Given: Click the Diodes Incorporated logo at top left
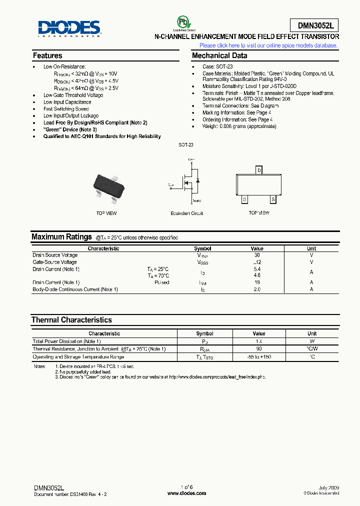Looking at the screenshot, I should [x=69, y=28].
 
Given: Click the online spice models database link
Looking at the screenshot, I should [x=268, y=45].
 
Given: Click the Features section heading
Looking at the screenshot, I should [x=47, y=55].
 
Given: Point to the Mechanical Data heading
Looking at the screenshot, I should [x=219, y=55].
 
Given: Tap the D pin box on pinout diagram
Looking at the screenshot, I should [x=259, y=170].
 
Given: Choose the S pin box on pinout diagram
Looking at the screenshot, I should [x=273, y=199].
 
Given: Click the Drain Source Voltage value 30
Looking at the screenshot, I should [x=257, y=255].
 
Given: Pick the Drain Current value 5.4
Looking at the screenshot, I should [x=257, y=269].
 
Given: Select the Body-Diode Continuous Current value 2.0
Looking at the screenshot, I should [x=257, y=289].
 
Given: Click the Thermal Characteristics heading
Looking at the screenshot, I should [x=71, y=319].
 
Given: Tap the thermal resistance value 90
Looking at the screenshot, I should [x=259, y=349].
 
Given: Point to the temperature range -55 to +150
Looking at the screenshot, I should [x=259, y=357].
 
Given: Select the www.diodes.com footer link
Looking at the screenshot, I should [x=186, y=493].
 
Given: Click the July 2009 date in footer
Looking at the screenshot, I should [x=328, y=487].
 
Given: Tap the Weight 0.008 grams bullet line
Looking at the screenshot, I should [x=239, y=126].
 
